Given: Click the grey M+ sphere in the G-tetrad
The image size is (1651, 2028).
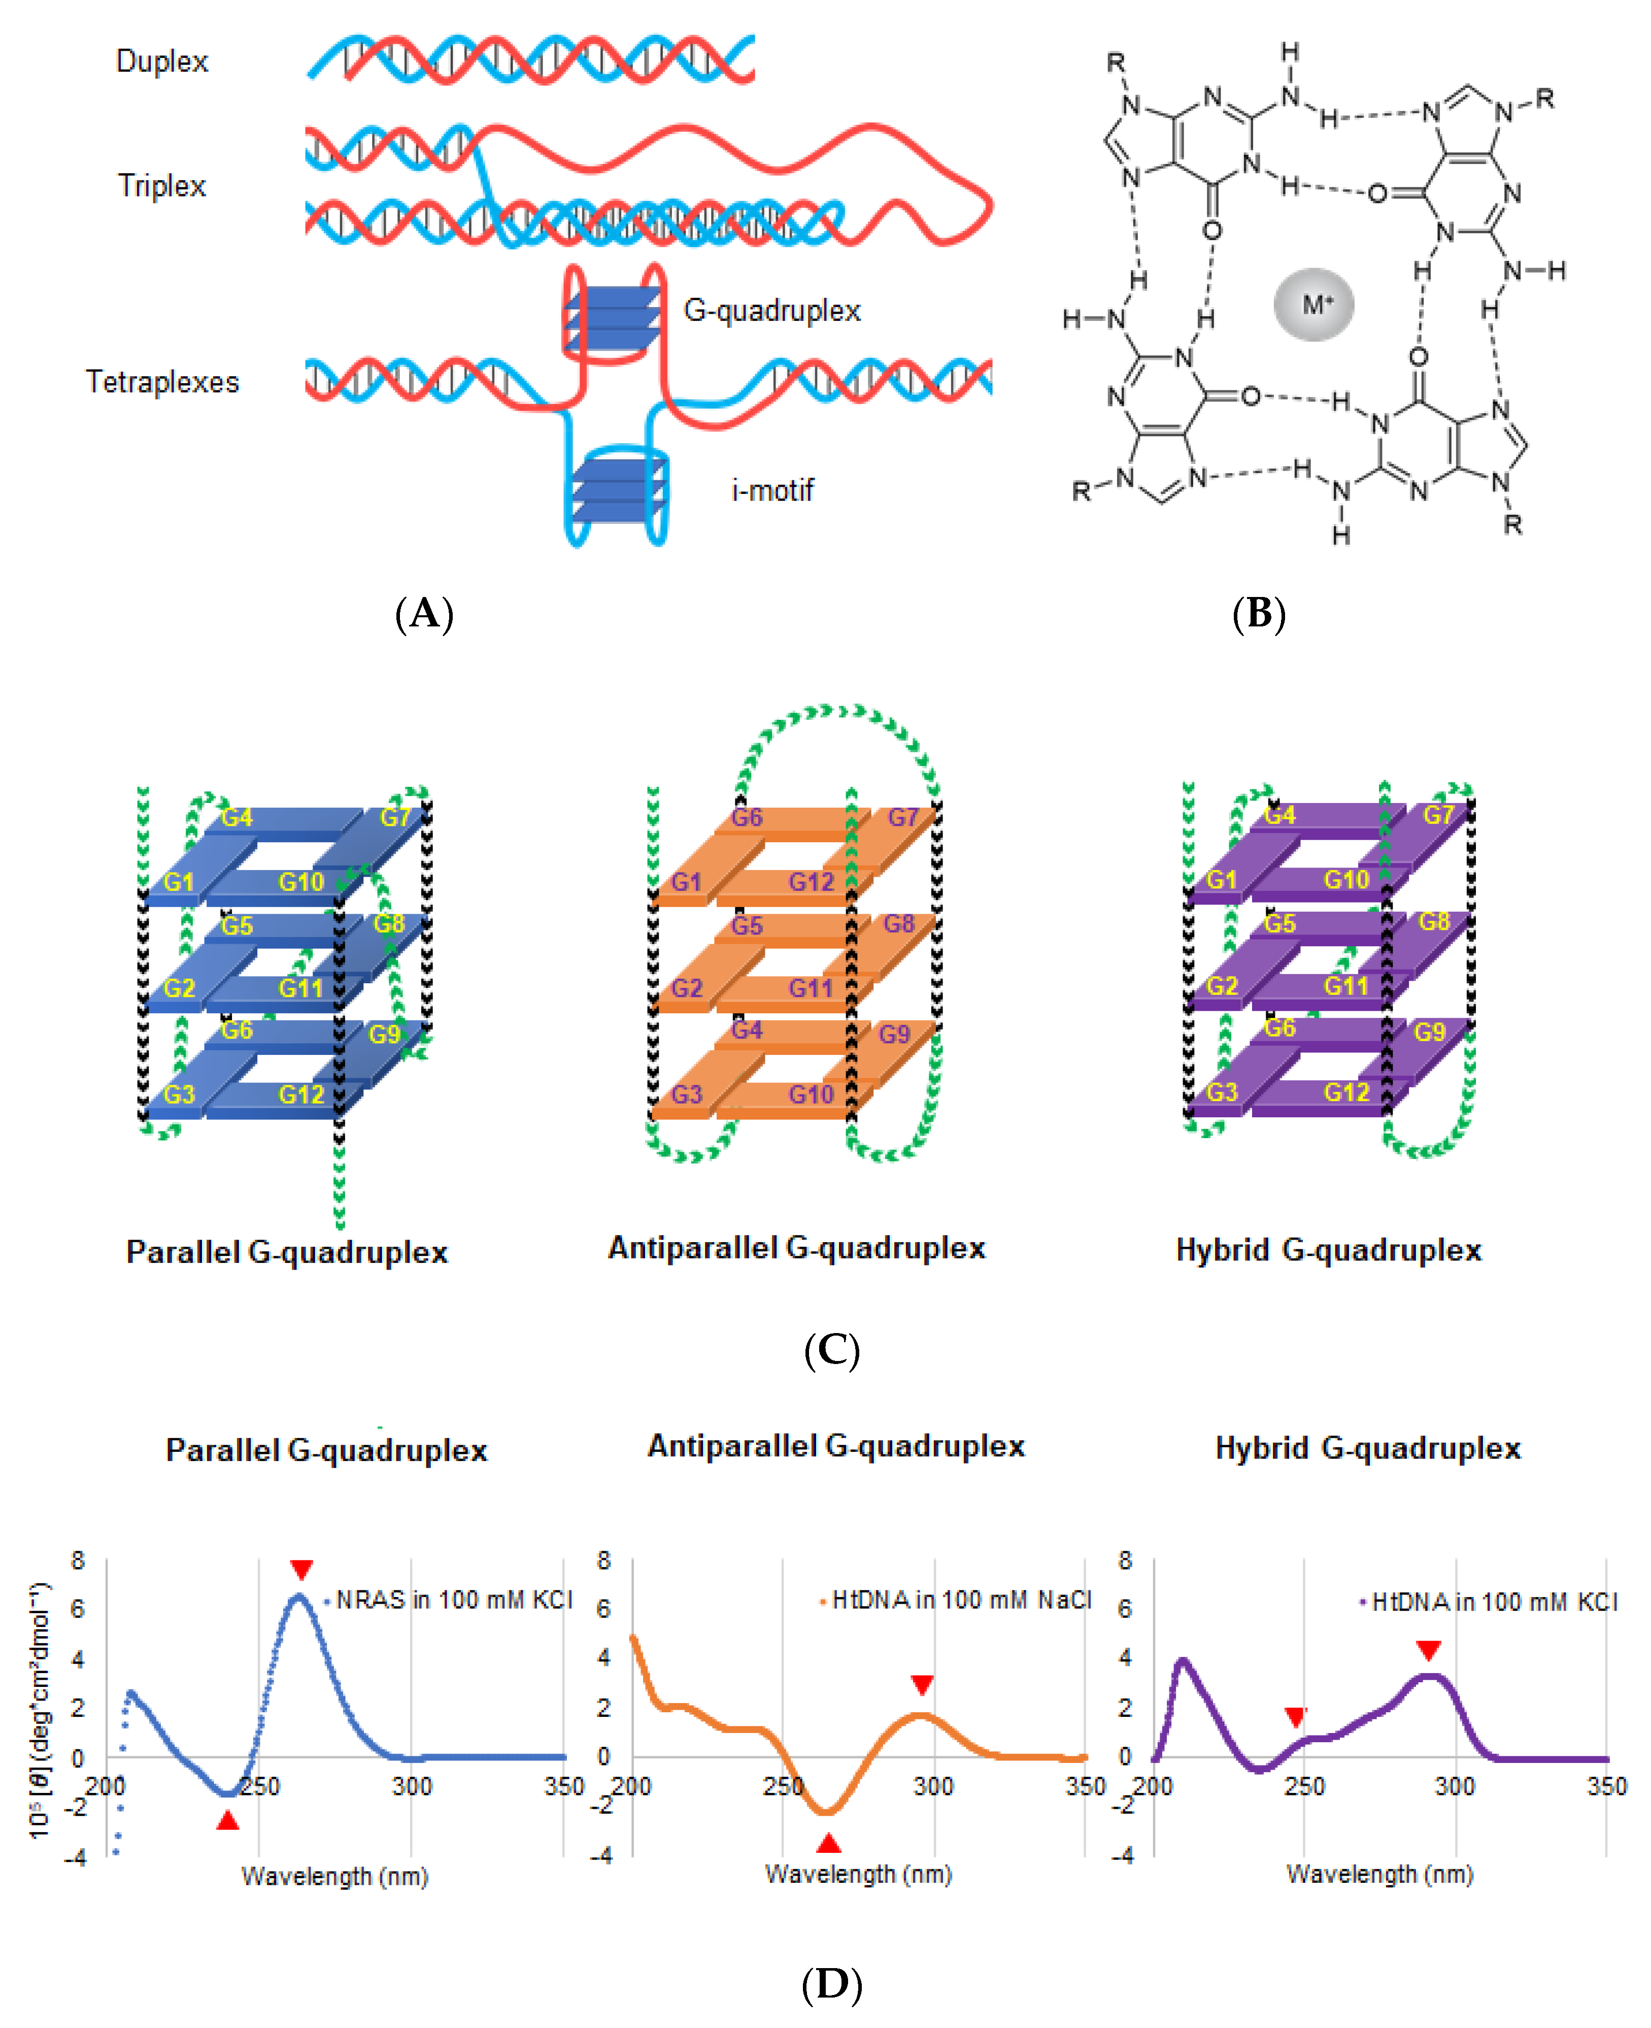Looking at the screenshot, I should (1313, 305).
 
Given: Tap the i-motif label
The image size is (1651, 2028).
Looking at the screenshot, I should (772, 491).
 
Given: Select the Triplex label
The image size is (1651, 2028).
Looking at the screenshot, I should (162, 185).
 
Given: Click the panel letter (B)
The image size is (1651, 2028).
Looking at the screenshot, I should (1258, 614).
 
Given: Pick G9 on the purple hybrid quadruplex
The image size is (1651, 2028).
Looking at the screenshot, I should (1429, 1032).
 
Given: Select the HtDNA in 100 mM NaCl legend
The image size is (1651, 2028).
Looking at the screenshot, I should (961, 1600).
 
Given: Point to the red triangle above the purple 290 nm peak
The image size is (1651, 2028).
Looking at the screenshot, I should (1428, 1650).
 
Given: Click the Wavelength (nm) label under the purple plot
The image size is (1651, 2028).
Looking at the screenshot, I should (1379, 1874).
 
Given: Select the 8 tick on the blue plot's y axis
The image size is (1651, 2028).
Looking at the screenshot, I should (78, 1560).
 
